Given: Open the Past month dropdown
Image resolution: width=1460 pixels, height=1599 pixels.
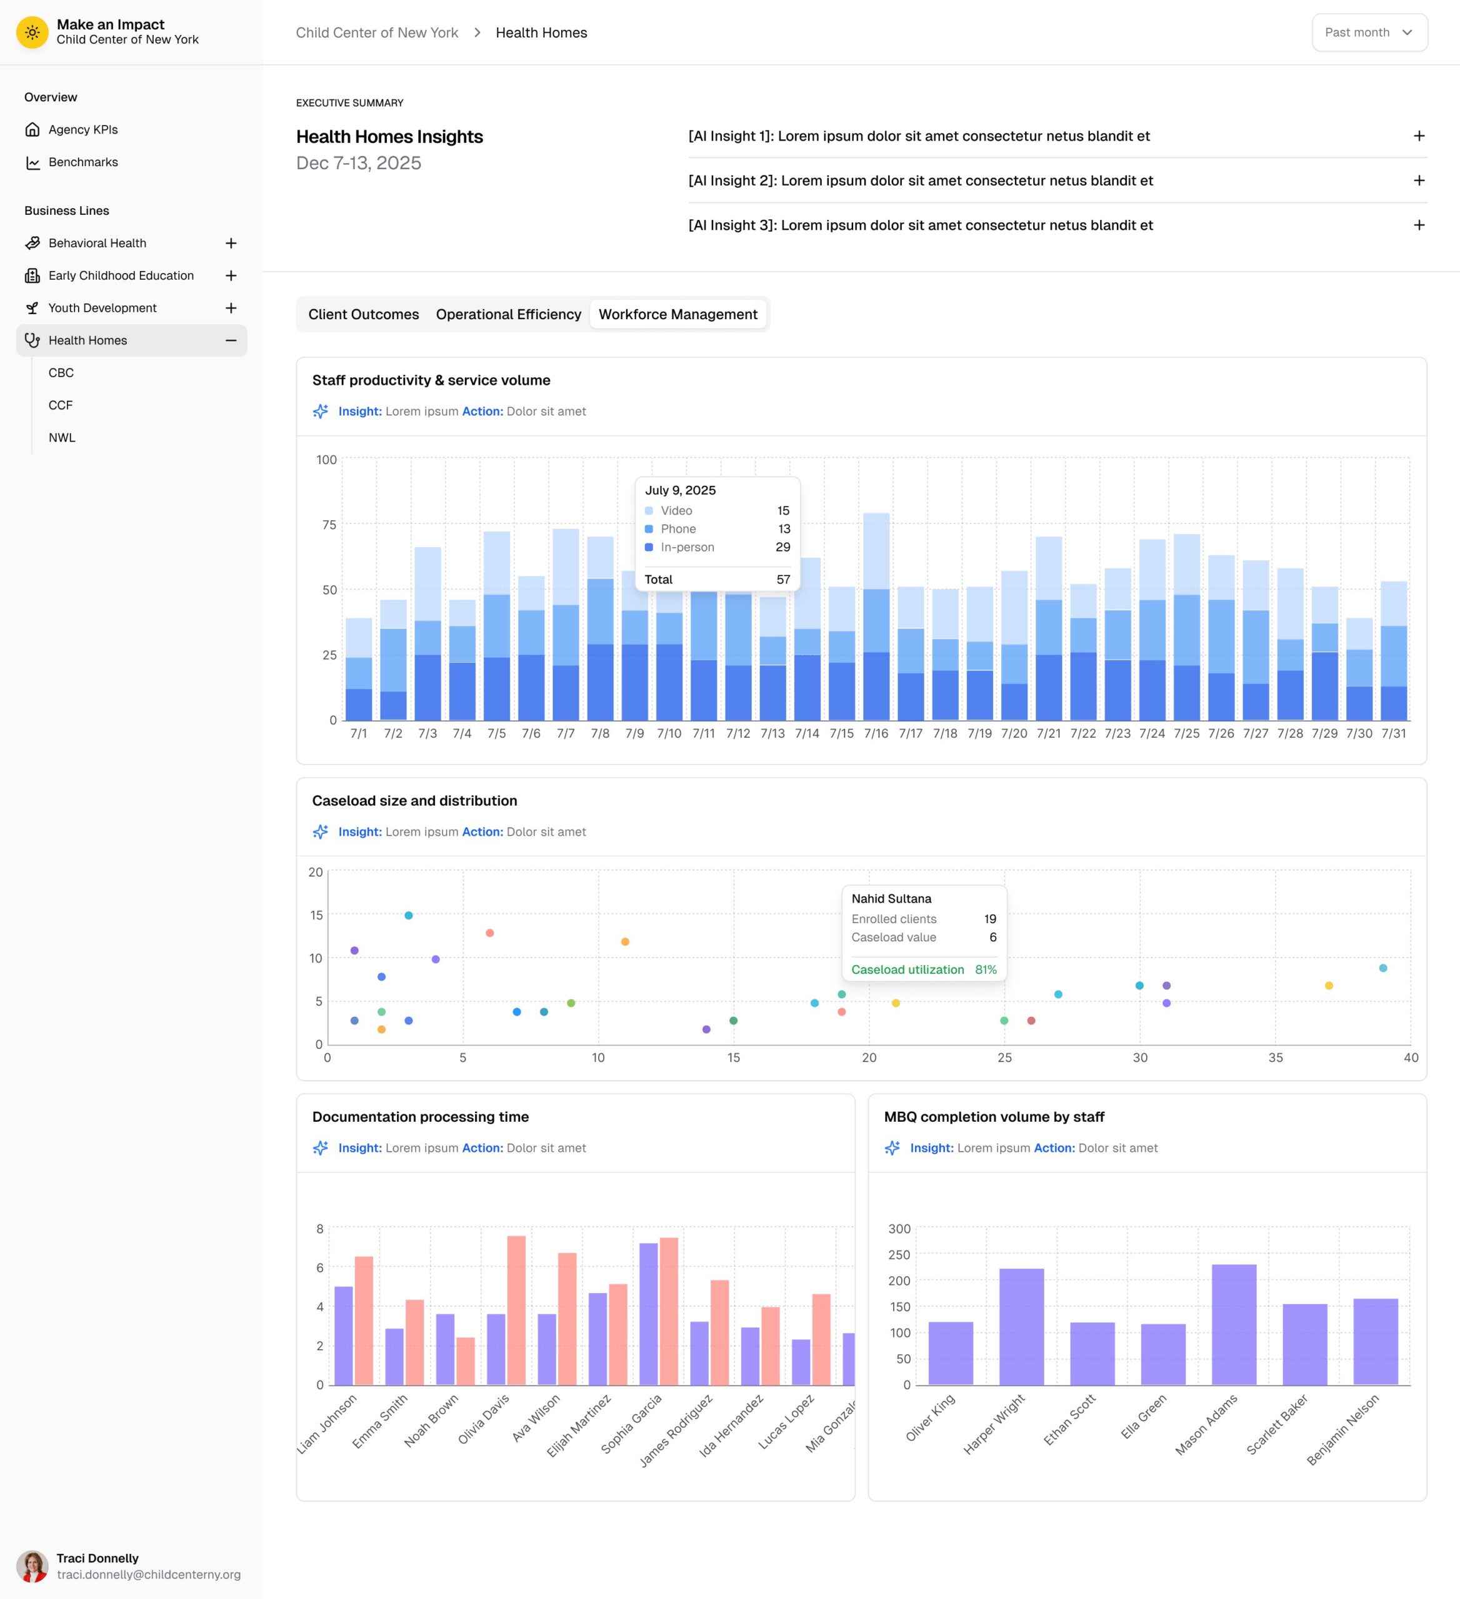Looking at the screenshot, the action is click(1369, 32).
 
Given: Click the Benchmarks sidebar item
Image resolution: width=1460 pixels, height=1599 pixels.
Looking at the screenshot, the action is click(83, 162).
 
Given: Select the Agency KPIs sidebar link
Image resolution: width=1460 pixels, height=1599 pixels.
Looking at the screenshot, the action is click(83, 129).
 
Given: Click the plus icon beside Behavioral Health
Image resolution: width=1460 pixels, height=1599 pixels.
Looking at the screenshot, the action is click(231, 243).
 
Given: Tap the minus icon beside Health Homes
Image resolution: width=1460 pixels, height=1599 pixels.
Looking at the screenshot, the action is click(231, 340).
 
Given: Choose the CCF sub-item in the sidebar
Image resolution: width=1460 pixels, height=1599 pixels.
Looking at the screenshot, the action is click(60, 405).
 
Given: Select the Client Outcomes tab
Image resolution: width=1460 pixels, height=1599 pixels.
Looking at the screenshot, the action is click(363, 314).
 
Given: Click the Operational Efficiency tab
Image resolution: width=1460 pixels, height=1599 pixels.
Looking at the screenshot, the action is click(509, 314).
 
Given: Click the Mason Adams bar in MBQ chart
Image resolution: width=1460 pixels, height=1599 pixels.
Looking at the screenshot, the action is click(1234, 1325).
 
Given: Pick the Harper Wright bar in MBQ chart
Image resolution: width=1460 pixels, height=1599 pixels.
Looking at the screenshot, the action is click(1021, 1327).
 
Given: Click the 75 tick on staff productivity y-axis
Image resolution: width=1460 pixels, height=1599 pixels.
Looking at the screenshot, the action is click(329, 525).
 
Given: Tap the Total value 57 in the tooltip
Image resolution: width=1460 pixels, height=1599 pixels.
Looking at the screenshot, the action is click(783, 580).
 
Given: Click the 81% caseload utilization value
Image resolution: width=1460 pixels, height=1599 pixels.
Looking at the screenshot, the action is click(986, 969).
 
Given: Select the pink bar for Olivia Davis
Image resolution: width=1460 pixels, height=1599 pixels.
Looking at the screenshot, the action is click(516, 1310).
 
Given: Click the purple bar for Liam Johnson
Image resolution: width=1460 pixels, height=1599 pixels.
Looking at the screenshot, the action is click(344, 1335).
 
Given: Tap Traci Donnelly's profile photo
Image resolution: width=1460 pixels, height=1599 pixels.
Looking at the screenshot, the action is click(32, 1567).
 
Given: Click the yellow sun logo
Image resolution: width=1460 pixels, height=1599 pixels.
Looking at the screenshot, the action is click(32, 32).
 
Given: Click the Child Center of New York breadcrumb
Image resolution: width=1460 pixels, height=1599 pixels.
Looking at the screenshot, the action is click(377, 32).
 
